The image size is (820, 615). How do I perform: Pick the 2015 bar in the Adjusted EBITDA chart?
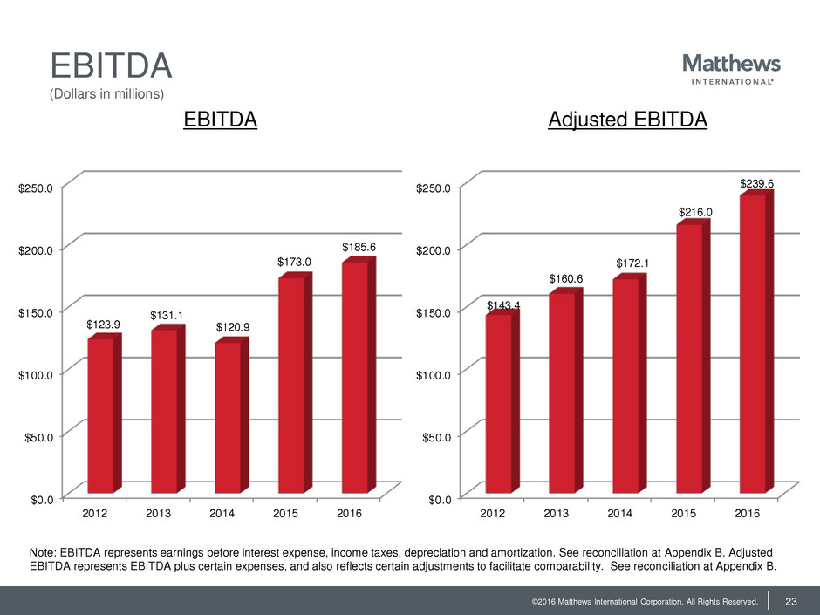click(x=689, y=358)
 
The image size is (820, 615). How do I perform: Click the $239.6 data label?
click(x=757, y=183)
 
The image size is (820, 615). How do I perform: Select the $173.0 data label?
click(x=294, y=262)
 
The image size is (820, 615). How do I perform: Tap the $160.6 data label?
click(x=566, y=278)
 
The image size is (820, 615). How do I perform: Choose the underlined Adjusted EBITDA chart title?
click(x=627, y=120)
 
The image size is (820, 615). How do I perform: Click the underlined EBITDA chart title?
click(x=221, y=120)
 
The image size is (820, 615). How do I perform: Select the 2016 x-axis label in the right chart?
click(x=747, y=514)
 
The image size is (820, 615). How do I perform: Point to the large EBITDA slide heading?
click(x=110, y=66)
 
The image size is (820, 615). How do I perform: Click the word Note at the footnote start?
click(x=44, y=554)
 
